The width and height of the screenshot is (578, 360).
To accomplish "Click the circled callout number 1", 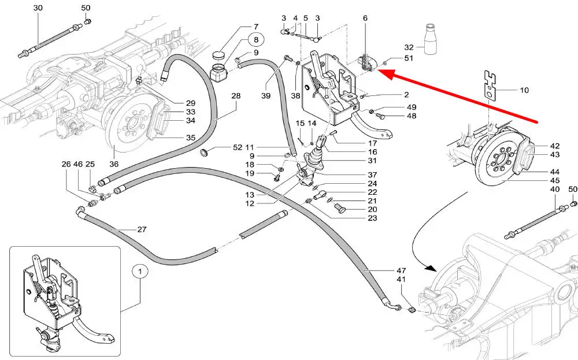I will (x=139, y=270).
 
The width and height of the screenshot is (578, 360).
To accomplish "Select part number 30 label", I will (x=38, y=8).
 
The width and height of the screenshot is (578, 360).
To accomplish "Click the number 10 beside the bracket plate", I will (x=524, y=90).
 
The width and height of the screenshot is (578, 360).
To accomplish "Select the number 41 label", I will (x=402, y=280).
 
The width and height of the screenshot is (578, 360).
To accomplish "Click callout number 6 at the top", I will (x=365, y=18).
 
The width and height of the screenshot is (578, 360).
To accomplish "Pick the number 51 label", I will (x=409, y=58).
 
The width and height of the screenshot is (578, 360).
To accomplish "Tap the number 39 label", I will (x=266, y=95).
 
